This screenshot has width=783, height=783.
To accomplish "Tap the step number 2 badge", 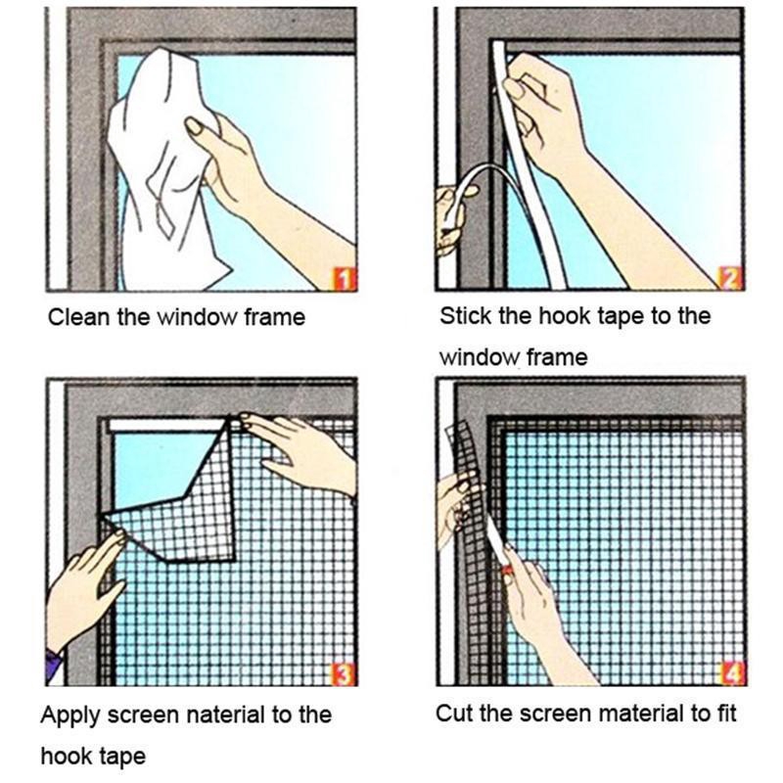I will (x=730, y=280).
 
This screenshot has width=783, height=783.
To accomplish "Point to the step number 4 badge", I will (x=732, y=673).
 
